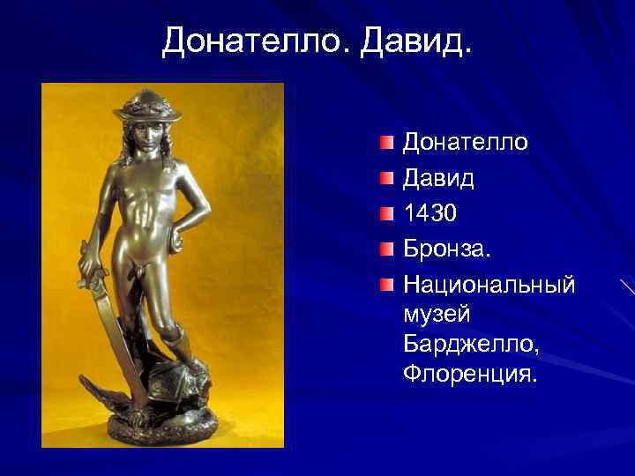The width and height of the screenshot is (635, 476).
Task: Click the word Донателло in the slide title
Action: (x=256, y=41)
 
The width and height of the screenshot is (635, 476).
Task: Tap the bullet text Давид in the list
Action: (x=438, y=178)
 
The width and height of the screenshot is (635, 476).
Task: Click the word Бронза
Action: (x=445, y=249)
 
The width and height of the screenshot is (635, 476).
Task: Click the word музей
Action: (x=437, y=314)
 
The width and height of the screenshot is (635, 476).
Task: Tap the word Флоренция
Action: (x=468, y=374)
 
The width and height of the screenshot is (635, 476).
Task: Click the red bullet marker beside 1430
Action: (x=387, y=214)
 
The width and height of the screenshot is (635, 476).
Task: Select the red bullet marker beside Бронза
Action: (x=387, y=249)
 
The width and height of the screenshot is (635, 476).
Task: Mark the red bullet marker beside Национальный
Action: (x=387, y=285)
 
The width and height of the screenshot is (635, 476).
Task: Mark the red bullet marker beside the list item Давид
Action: (x=387, y=178)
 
